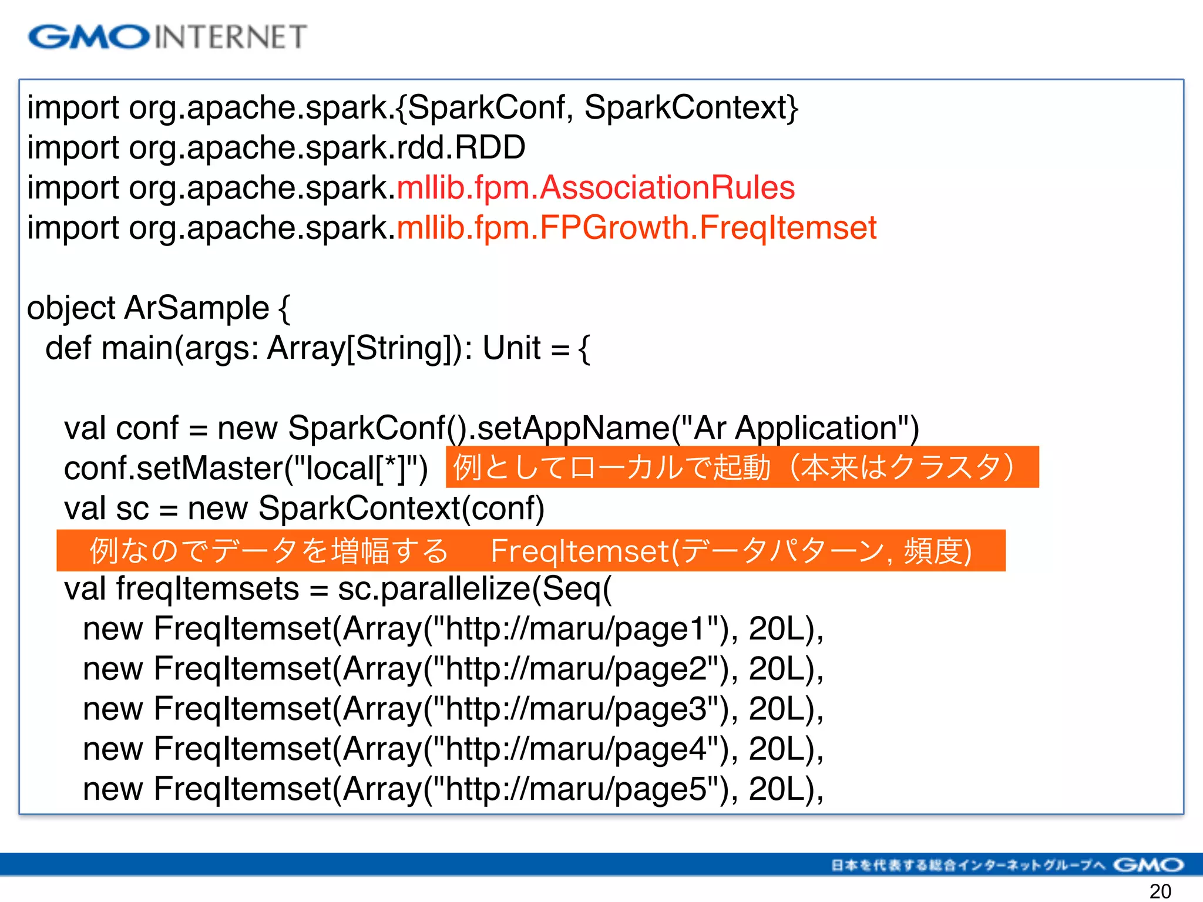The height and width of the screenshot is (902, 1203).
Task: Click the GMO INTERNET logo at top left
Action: pyautogui.click(x=167, y=36)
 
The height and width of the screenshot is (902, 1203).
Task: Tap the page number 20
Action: pyautogui.click(x=1160, y=891)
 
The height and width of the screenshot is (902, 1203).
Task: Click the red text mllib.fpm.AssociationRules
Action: pyautogui.click(x=596, y=188)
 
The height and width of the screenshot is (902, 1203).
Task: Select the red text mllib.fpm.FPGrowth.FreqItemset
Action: pyautogui.click(x=637, y=228)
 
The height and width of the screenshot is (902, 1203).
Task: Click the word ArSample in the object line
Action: pyautogui.click(x=196, y=308)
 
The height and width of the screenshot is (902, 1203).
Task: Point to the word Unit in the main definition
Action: pyautogui.click(x=511, y=348)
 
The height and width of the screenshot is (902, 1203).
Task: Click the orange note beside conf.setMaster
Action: pyautogui.click(x=742, y=467)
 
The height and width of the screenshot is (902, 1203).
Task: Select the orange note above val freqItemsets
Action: pyautogui.click(x=530, y=551)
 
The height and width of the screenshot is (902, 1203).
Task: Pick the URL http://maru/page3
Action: pyautogui.click(x=576, y=709)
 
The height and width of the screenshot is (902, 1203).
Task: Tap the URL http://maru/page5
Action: pyautogui.click(x=576, y=789)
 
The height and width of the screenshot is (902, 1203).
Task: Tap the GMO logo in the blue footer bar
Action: pyautogui.click(x=1148, y=865)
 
